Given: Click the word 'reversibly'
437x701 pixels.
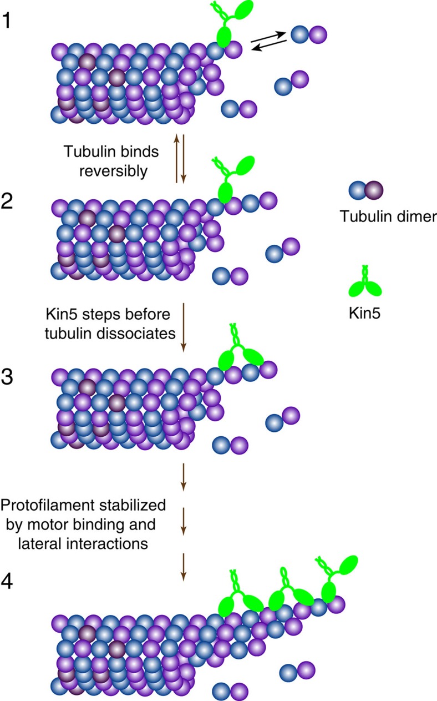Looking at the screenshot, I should (121, 172).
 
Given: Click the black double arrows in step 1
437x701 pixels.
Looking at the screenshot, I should (268, 42).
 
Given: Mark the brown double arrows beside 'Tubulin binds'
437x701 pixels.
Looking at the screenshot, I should (180, 158).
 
